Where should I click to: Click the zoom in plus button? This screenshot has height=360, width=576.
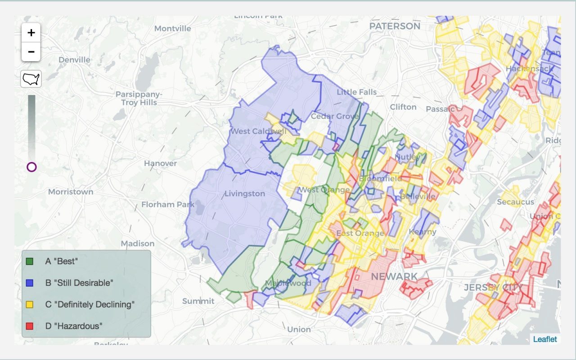pos(31,33)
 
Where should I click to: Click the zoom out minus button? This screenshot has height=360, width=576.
pos(31,52)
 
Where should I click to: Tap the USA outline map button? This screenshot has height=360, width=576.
pos(31,79)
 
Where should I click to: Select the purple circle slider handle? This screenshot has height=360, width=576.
pos(31,167)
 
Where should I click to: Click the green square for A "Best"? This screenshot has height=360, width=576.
pos(30,261)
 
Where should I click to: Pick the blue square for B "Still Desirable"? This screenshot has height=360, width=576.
pos(30,283)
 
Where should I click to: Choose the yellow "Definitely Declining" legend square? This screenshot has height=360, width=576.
pos(30,304)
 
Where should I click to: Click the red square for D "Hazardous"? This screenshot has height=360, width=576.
pos(30,326)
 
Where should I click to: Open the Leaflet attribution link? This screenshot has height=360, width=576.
pos(545,339)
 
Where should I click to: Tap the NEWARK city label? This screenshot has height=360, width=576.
pos(394,276)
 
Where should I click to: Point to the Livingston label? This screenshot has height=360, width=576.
pos(245,193)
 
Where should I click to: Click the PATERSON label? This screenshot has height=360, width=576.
pos(395,26)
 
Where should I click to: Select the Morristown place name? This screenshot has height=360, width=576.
pos(71,192)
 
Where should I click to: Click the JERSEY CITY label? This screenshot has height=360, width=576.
pos(493,288)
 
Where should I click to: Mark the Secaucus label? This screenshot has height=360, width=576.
pos(515,202)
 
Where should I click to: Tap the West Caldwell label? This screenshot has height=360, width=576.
pos(258,131)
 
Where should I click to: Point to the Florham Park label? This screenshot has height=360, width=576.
pos(168,204)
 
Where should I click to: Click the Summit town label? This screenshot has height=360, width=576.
pos(198,301)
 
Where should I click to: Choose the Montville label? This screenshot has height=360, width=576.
pos(172,28)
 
